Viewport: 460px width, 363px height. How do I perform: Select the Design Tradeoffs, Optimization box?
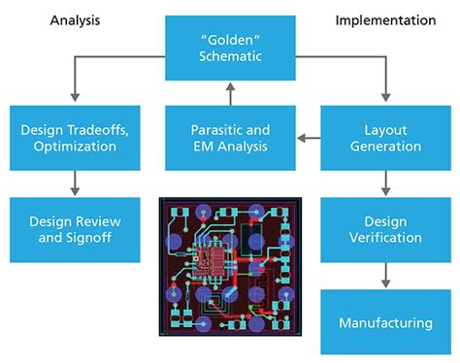point(75,138)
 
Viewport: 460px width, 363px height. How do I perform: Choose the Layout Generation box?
point(385,138)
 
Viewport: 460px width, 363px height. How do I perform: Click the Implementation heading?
point(386,18)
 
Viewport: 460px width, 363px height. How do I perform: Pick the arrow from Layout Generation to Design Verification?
point(385,181)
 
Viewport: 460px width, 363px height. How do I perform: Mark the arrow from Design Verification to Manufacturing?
point(385,273)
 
